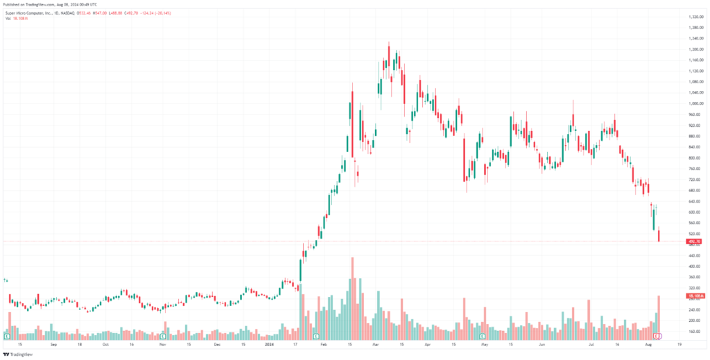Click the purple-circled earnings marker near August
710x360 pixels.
(659, 336)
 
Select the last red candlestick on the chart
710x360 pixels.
(659, 235)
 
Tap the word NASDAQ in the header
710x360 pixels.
(82, 12)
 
